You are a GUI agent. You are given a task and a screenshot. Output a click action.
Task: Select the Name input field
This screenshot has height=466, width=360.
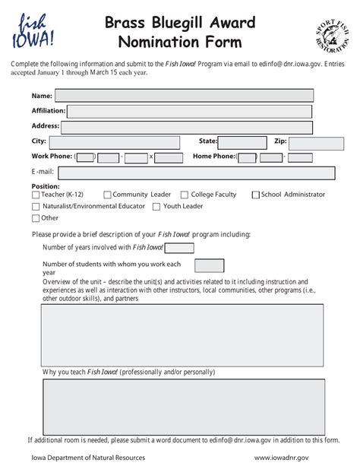184,96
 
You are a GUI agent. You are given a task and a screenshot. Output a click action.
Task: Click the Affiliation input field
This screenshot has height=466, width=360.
190,111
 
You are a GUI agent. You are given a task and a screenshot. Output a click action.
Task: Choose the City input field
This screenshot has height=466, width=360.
114,142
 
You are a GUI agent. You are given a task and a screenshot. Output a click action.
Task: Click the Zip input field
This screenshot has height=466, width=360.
316,142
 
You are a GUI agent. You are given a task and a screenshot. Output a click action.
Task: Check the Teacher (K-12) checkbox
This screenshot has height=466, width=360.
36,195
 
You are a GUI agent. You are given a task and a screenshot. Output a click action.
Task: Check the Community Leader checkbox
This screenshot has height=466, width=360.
107,195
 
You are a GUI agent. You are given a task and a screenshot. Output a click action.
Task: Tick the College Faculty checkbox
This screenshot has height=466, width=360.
185,195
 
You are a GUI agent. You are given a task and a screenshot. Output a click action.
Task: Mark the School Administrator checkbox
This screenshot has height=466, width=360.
255,195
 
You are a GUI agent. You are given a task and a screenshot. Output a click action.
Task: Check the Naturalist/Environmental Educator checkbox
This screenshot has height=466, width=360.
36,207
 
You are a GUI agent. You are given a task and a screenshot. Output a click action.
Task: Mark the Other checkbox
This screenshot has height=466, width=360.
36,218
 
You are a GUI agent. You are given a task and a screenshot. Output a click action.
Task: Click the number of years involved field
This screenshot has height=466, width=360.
179,248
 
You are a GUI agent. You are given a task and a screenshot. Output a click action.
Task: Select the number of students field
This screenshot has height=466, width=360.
209,265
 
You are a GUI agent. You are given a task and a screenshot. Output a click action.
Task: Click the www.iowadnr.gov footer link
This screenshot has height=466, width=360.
281,458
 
